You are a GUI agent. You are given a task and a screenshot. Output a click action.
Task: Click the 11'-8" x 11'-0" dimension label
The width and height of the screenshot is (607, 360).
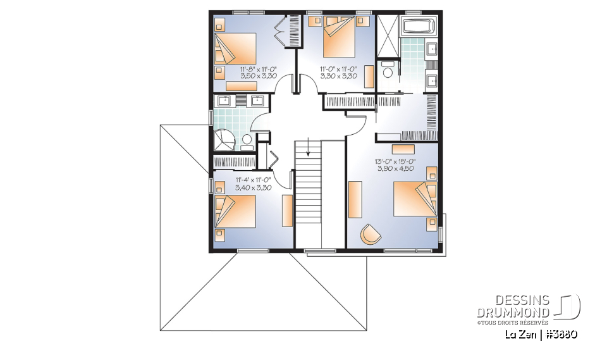[258, 68]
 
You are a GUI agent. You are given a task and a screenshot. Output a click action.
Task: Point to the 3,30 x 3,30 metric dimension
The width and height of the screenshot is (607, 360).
[338, 76]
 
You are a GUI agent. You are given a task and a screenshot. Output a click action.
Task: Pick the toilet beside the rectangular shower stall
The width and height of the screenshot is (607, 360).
[388, 70]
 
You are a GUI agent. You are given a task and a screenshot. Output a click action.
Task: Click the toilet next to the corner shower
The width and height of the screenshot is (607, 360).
[247, 142]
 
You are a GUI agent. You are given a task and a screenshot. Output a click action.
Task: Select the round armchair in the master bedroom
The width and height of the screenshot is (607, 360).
[371, 234]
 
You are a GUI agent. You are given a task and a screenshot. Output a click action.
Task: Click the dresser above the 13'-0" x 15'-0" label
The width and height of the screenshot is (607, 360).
[403, 148]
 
